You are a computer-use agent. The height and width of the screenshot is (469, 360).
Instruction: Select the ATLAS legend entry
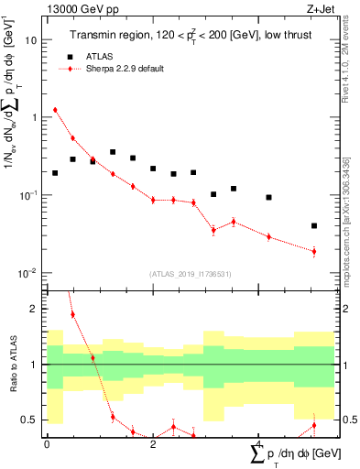(97, 55)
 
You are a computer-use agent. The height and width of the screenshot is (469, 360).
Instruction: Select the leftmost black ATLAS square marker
(55, 173)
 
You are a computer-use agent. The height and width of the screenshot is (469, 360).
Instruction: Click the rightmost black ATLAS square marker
(314, 225)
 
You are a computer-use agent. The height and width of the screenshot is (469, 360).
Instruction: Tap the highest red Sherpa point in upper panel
(55, 110)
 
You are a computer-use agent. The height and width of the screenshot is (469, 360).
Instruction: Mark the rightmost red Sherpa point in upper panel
(314, 251)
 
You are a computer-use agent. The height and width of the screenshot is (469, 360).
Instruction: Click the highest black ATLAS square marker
(113, 152)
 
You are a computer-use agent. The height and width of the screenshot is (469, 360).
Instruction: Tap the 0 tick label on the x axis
(47, 443)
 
